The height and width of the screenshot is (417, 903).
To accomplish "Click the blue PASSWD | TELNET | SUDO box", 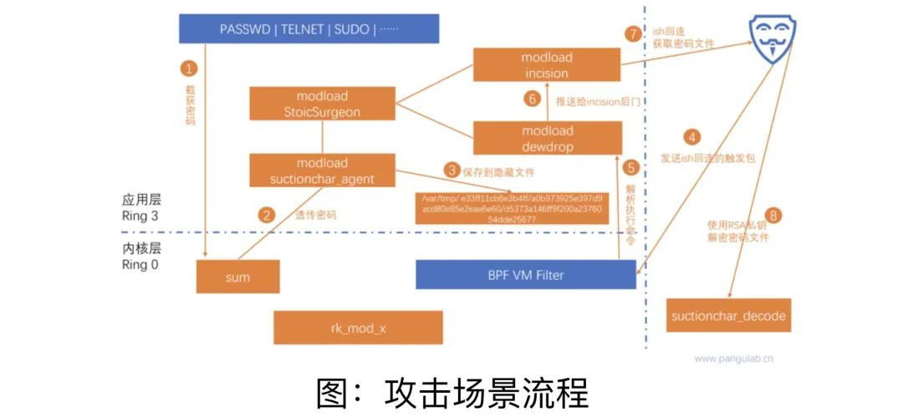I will tap(309, 28).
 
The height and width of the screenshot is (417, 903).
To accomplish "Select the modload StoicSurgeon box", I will tap(322, 104).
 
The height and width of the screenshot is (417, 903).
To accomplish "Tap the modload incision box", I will tap(547, 65).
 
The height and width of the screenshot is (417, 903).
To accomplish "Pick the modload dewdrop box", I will tap(548, 138).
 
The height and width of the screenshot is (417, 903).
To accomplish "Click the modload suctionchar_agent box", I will tap(322, 170).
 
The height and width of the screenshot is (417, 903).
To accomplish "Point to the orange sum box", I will tap(237, 277).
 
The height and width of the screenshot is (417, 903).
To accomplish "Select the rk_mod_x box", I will tap(358, 328).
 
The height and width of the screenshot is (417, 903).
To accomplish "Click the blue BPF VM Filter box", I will tap(526, 275).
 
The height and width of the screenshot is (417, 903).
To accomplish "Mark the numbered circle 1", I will tap(191, 69).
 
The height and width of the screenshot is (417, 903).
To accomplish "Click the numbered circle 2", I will tap(267, 215).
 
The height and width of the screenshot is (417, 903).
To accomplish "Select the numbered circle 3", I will tap(452, 170).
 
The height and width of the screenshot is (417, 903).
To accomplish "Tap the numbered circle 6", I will tap(530, 99).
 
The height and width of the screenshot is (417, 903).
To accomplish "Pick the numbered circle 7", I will tap(634, 34).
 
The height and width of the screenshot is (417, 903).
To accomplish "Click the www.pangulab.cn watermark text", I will tap(733, 359).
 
